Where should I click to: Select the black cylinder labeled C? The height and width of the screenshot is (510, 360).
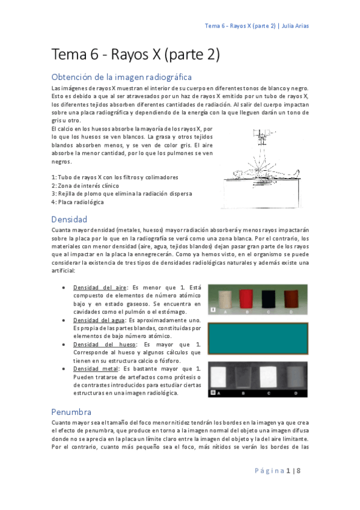pyautogui.click(x=269, y=299)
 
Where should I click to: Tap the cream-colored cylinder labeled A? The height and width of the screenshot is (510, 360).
pyautogui.click(x=225, y=299)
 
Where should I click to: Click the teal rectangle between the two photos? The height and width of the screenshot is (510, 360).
pyautogui.click(x=257, y=339)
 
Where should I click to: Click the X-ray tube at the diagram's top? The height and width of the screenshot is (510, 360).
pyautogui.click(x=260, y=133)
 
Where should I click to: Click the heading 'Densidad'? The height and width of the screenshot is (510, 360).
pyautogui.click(x=69, y=219)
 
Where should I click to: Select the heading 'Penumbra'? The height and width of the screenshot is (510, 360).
pyautogui.click(x=72, y=412)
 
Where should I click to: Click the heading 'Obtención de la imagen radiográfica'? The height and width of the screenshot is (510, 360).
pyautogui.click(x=122, y=77)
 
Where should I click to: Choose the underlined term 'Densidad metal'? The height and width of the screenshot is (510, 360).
pyautogui.click(x=96, y=368)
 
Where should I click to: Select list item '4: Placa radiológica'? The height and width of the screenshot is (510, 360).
pyautogui.click(x=78, y=202)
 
